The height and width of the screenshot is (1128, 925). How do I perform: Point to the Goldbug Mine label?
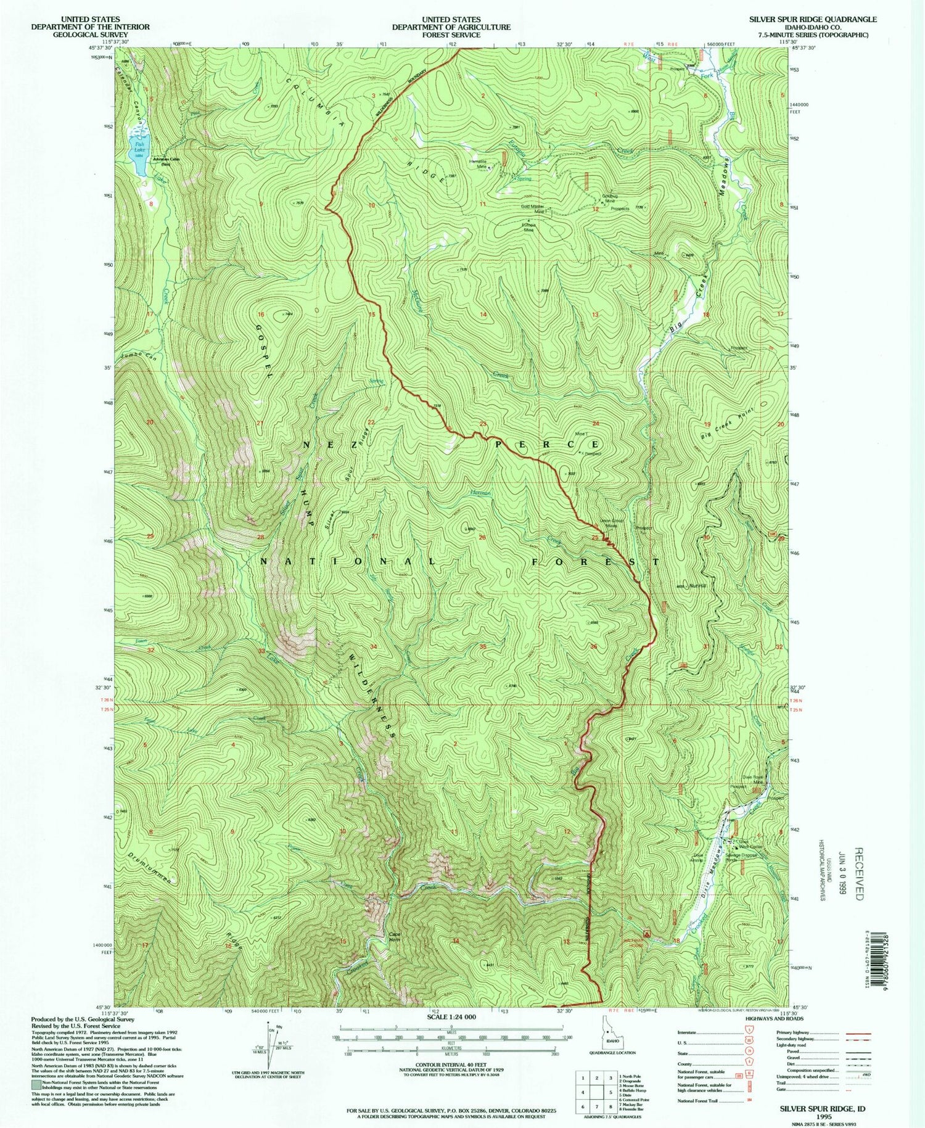(x=592, y=199)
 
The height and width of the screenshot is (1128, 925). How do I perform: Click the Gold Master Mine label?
(x=535, y=209)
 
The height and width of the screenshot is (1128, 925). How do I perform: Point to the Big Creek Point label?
(x=728, y=422)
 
